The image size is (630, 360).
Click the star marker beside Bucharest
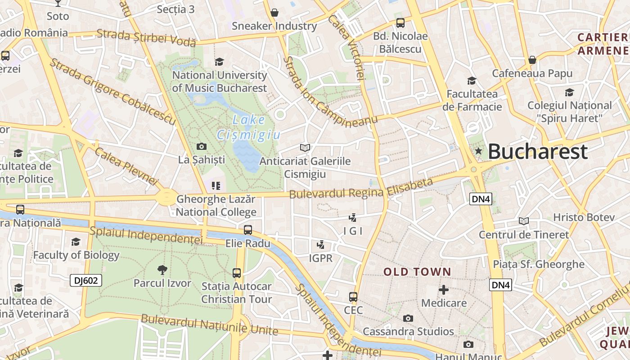pos(478,151)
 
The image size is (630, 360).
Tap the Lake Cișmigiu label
pos(249,127)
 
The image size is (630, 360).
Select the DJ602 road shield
pos(86,280)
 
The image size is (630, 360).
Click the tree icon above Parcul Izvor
pos(162,270)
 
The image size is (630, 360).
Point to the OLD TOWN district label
pos(417,272)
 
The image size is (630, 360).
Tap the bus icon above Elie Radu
pos(247,230)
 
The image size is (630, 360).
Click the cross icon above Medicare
pos(444,289)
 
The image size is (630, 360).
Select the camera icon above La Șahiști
pos(202,146)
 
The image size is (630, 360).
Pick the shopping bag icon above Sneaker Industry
pos(274,13)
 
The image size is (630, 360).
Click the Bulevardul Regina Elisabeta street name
pos(361,189)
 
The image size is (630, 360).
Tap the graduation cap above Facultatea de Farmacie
pos(472,81)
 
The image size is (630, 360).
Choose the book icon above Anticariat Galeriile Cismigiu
pos(305,148)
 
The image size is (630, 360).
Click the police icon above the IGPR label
pos(320,245)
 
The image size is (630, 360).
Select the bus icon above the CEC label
pos(353,297)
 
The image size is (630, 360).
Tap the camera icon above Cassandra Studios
pos(408,318)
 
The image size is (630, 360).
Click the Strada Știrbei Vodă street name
pos(146,38)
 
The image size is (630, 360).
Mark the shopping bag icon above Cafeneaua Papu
pos(532,60)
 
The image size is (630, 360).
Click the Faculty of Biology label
pos(76,255)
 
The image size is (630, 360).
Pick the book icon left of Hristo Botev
pos(523,221)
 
